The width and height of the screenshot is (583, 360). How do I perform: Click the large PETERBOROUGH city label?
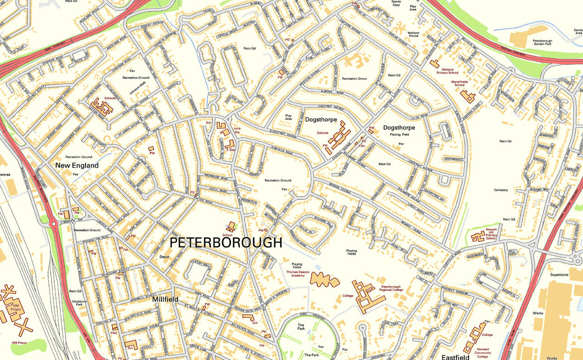pyautogui.click(x=226, y=242)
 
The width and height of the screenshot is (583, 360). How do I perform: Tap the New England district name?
pyautogui.click(x=77, y=165)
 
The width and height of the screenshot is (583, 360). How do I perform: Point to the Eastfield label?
pyautogui.click(x=455, y=357)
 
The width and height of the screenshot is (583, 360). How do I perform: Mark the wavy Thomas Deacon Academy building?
pyautogui.click(x=325, y=279)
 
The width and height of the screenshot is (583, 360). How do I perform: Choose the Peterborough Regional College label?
pyautogui.click(x=391, y=288)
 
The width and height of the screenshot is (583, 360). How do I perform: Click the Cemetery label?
pyautogui.click(x=501, y=190)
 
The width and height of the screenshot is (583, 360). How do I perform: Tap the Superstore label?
pyautogui.click(x=560, y=275)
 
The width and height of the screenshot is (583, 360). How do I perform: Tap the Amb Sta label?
pyautogui.click(x=237, y=130)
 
